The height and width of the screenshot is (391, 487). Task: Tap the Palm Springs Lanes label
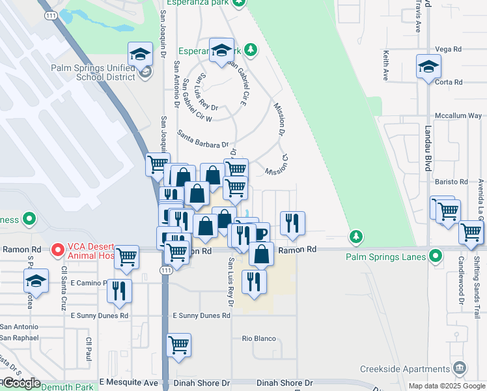(385, 256)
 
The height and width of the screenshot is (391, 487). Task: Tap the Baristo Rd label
(454, 182)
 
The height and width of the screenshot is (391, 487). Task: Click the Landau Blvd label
(428, 149)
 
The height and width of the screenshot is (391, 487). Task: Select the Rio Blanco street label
(259, 338)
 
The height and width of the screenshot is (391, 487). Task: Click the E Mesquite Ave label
(129, 383)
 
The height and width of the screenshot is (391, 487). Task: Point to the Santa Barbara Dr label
(202, 139)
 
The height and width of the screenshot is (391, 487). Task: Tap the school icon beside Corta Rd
(428, 66)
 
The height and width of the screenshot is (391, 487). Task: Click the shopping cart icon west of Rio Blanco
(178, 345)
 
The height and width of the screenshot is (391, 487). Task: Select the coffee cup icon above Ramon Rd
(259, 233)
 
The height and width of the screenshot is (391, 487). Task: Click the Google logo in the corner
(21, 383)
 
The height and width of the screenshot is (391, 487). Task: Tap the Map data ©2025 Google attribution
(446, 386)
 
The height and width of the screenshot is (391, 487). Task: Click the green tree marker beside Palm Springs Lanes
(355, 235)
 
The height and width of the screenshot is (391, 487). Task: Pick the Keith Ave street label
(385, 66)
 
